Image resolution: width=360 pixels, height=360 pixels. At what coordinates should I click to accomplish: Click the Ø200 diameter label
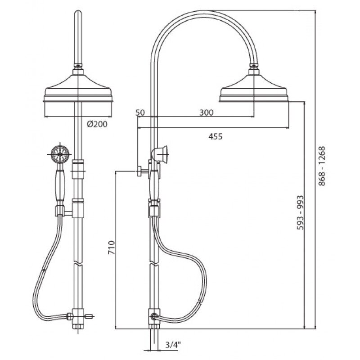(97, 124)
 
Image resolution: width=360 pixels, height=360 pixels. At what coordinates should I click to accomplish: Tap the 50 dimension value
(140, 112)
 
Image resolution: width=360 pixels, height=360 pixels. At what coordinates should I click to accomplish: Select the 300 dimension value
(206, 112)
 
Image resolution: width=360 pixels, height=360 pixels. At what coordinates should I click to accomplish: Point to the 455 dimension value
(216, 137)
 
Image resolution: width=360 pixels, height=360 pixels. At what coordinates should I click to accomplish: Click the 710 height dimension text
(112, 247)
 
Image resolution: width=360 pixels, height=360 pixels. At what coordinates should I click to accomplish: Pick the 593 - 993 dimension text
(300, 212)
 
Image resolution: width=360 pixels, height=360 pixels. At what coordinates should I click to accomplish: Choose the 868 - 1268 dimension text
(322, 166)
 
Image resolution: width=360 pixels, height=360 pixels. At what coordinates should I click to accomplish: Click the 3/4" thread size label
(173, 344)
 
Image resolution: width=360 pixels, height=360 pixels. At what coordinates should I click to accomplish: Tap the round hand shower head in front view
(60, 154)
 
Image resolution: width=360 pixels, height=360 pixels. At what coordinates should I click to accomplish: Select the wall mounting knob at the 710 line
(139, 171)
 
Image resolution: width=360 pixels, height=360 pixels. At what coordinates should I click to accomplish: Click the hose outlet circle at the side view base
(153, 317)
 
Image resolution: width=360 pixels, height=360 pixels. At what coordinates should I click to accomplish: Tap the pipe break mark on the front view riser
(78, 264)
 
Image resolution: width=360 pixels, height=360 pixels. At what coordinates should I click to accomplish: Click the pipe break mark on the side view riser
(154, 264)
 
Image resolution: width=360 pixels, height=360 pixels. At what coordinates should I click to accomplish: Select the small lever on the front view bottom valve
(89, 317)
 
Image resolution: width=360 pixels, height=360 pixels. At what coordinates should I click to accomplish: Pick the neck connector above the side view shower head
(254, 70)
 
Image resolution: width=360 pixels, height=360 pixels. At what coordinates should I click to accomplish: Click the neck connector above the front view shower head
(78, 70)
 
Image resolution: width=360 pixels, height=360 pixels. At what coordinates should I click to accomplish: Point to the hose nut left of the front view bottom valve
(69, 316)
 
